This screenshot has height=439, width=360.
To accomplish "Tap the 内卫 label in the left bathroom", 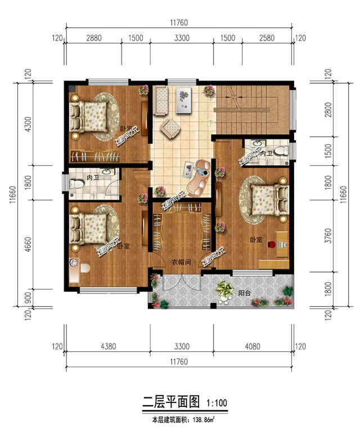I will (93, 178).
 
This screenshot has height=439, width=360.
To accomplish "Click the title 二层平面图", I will (170, 402).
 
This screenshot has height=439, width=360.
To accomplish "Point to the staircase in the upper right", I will (253, 107).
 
